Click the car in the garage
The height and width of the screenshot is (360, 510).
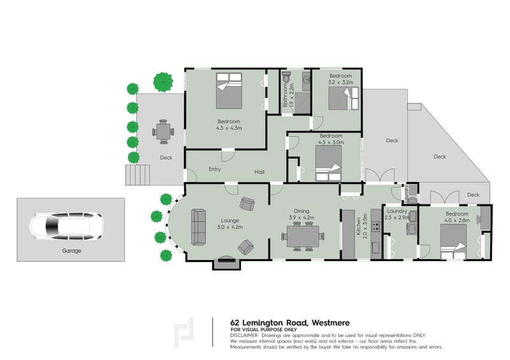pyautogui.click(x=67, y=226)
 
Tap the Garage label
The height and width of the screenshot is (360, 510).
pyautogui.click(x=71, y=251)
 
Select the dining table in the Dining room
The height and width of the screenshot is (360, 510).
pyautogui.click(x=303, y=236)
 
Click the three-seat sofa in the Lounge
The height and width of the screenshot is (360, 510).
pyautogui.click(x=198, y=227)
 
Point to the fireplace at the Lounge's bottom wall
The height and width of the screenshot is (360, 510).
pyautogui.click(x=227, y=263)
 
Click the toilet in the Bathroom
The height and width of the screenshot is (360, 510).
pyautogui.click(x=286, y=77)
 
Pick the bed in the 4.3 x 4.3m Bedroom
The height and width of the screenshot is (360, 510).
pyautogui.click(x=229, y=90)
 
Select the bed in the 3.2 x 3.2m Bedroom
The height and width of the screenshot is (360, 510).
pyautogui.click(x=344, y=99)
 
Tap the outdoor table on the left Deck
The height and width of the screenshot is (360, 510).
pyautogui.click(x=163, y=132)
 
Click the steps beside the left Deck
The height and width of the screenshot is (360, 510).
pyautogui.click(x=138, y=175)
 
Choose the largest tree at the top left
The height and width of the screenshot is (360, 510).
pyautogui.click(x=163, y=82)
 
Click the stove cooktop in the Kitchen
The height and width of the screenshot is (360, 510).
pyautogui.click(x=375, y=226)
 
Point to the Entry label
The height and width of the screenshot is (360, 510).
pyautogui.click(x=215, y=169)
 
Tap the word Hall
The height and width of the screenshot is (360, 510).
pyautogui.click(x=259, y=172)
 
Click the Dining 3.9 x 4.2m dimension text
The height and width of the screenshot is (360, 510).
pyautogui.click(x=302, y=217)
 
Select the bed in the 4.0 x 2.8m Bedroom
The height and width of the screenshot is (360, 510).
pyautogui.click(x=454, y=242)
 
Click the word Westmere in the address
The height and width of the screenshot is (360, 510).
pyautogui.click(x=331, y=323)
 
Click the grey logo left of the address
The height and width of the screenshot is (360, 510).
pyautogui.click(x=184, y=332)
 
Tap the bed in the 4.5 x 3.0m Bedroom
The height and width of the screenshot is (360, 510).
pyautogui.click(x=328, y=163)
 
